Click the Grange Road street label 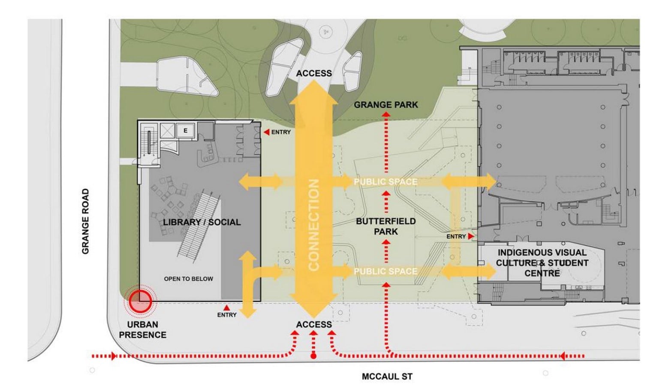85,221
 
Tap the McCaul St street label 387,377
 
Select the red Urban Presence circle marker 140,301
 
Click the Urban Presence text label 142,330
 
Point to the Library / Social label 202,222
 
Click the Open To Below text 188,279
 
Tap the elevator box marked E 185,131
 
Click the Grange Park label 386,105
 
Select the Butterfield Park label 386,226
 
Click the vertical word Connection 314,225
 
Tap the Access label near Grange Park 314,73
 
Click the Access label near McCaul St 314,325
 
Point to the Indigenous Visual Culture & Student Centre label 542,263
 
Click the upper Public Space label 386,182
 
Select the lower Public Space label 386,271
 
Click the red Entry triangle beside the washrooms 266,133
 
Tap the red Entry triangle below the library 226,308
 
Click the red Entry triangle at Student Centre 471,236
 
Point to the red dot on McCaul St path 313,356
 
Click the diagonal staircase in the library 199,223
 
